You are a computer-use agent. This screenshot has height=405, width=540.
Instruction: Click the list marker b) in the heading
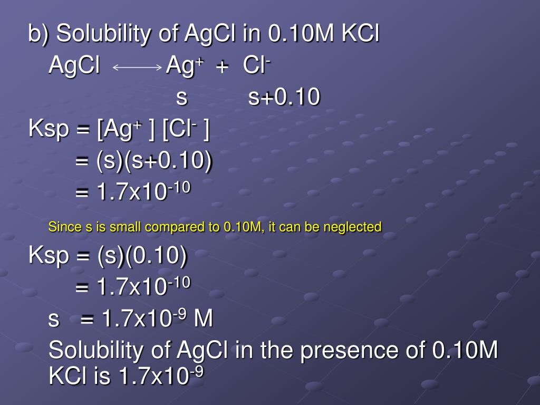click(38, 35)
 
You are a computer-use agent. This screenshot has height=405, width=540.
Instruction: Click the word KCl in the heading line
click(361, 35)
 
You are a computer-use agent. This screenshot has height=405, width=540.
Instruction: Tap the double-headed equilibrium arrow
click(137, 67)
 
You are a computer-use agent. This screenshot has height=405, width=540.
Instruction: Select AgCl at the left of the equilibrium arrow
click(74, 66)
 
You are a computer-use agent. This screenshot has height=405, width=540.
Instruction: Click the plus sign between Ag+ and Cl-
click(222, 67)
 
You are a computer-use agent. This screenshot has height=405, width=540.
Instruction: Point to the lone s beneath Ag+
click(181, 98)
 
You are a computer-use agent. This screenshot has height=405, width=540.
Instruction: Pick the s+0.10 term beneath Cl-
click(284, 98)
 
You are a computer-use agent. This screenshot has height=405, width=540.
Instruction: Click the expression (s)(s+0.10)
click(154, 162)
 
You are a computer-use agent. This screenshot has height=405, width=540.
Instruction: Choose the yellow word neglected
click(356, 228)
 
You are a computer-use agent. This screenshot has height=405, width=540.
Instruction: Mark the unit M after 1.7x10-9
click(204, 319)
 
